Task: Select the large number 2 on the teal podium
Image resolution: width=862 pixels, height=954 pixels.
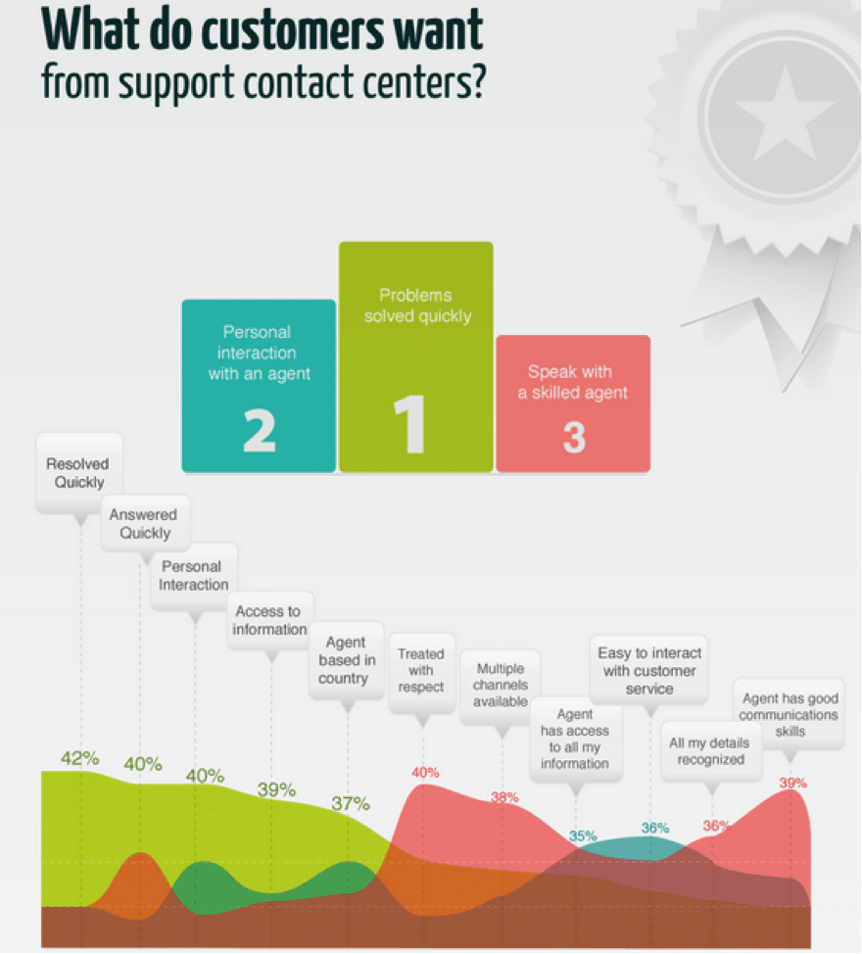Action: coord(259,429)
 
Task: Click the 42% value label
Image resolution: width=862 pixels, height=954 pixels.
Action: coord(79,758)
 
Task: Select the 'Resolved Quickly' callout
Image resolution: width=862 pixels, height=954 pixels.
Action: coord(78,473)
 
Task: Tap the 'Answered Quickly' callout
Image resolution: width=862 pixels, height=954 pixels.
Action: coord(145,524)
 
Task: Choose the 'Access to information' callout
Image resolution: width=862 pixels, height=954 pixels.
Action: coord(269,620)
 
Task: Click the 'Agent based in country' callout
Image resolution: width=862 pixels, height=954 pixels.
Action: coord(346,661)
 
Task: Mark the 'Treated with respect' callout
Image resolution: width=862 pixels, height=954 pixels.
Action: coord(421,670)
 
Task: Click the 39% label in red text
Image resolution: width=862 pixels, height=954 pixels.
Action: coord(792,783)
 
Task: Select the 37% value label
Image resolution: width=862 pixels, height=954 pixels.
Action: coord(350,804)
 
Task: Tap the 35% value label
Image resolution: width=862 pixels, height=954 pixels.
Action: coord(583,836)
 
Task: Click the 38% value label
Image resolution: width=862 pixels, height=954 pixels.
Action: coord(504,797)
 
